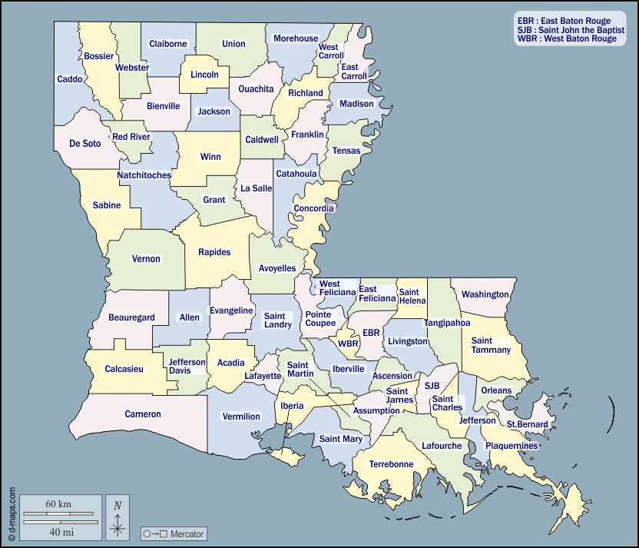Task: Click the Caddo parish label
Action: click(70, 79)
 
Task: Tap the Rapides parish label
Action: click(214, 252)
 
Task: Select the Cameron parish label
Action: click(143, 414)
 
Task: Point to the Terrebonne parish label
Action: click(391, 464)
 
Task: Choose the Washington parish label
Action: click(485, 294)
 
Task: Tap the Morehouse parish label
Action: click(296, 38)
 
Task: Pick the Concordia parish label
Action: click(314, 208)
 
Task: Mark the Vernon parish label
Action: click(146, 259)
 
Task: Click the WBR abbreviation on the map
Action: click(348, 344)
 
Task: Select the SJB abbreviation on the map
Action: click(432, 385)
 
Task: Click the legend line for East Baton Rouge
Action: click(564, 21)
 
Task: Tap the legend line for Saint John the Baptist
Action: click(570, 30)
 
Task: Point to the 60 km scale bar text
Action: click(58, 504)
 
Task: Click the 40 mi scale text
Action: click(58, 531)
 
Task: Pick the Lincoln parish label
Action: click(204, 75)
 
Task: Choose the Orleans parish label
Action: click(495, 390)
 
